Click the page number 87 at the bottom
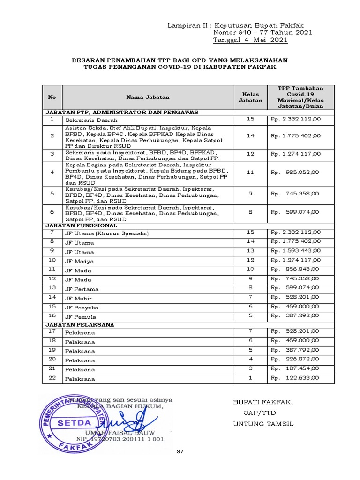(180, 451)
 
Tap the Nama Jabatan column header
(147, 97)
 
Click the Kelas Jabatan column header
(250, 97)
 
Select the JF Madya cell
(79, 261)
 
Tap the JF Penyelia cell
(82, 307)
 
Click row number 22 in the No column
(52, 378)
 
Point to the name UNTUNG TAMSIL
(263, 424)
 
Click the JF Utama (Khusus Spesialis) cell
(106, 233)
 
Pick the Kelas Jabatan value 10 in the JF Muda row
(250, 270)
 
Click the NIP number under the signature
(120, 439)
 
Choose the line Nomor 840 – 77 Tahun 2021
(262, 32)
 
